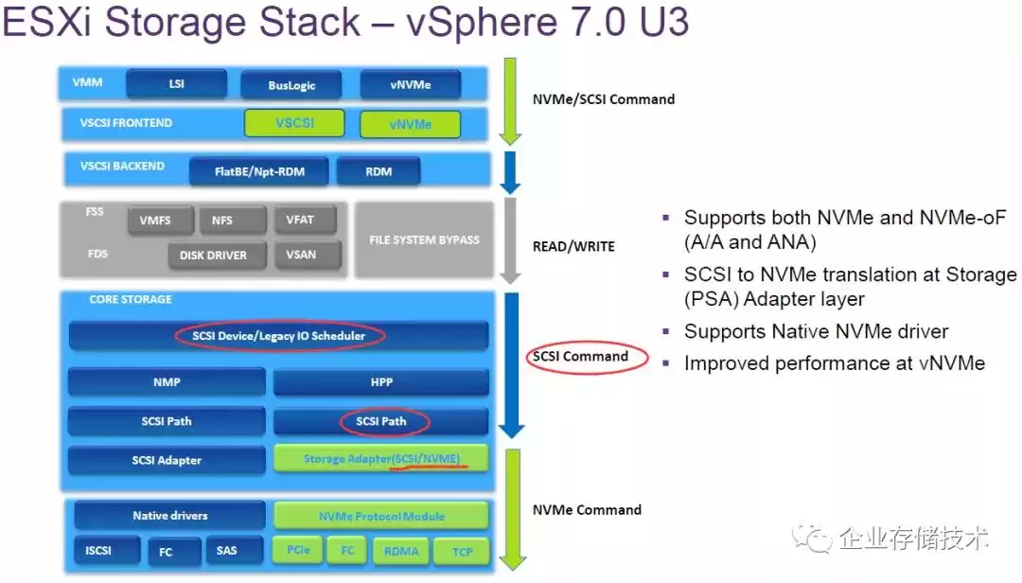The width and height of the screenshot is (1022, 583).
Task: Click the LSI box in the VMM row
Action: (176, 84)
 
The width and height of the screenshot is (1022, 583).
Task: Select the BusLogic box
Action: (291, 85)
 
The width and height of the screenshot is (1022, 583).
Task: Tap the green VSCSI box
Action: (294, 123)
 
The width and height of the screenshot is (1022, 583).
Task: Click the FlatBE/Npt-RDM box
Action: (258, 171)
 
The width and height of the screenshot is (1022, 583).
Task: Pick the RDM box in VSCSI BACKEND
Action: (378, 171)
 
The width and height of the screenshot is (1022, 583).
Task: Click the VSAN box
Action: (300, 255)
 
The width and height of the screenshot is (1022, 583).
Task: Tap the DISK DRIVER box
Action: (213, 255)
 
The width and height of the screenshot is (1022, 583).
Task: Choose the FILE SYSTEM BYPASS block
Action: (423, 239)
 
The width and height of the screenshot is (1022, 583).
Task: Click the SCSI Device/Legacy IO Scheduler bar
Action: (277, 336)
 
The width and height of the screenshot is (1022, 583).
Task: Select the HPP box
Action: (380, 382)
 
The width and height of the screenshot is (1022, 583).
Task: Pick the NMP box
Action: (167, 382)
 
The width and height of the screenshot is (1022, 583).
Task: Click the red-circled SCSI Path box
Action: (380, 421)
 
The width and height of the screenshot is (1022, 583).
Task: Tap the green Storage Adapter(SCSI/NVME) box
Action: (380, 459)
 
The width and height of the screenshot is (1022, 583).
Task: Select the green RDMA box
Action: (400, 551)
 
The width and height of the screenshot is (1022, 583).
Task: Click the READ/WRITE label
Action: (573, 246)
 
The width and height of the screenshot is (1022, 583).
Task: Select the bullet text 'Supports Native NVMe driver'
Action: (816, 331)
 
